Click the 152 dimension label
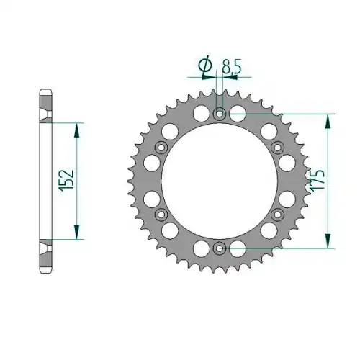(x=67, y=181)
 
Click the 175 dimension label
(x=318, y=181)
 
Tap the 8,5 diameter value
(x=231, y=66)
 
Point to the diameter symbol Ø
(x=205, y=65)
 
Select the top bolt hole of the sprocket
(x=220, y=114)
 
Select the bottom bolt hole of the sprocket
(x=220, y=248)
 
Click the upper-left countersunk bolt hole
(x=161, y=148)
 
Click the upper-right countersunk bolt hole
(x=277, y=148)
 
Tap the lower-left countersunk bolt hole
(x=161, y=215)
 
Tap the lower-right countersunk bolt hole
(x=277, y=215)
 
